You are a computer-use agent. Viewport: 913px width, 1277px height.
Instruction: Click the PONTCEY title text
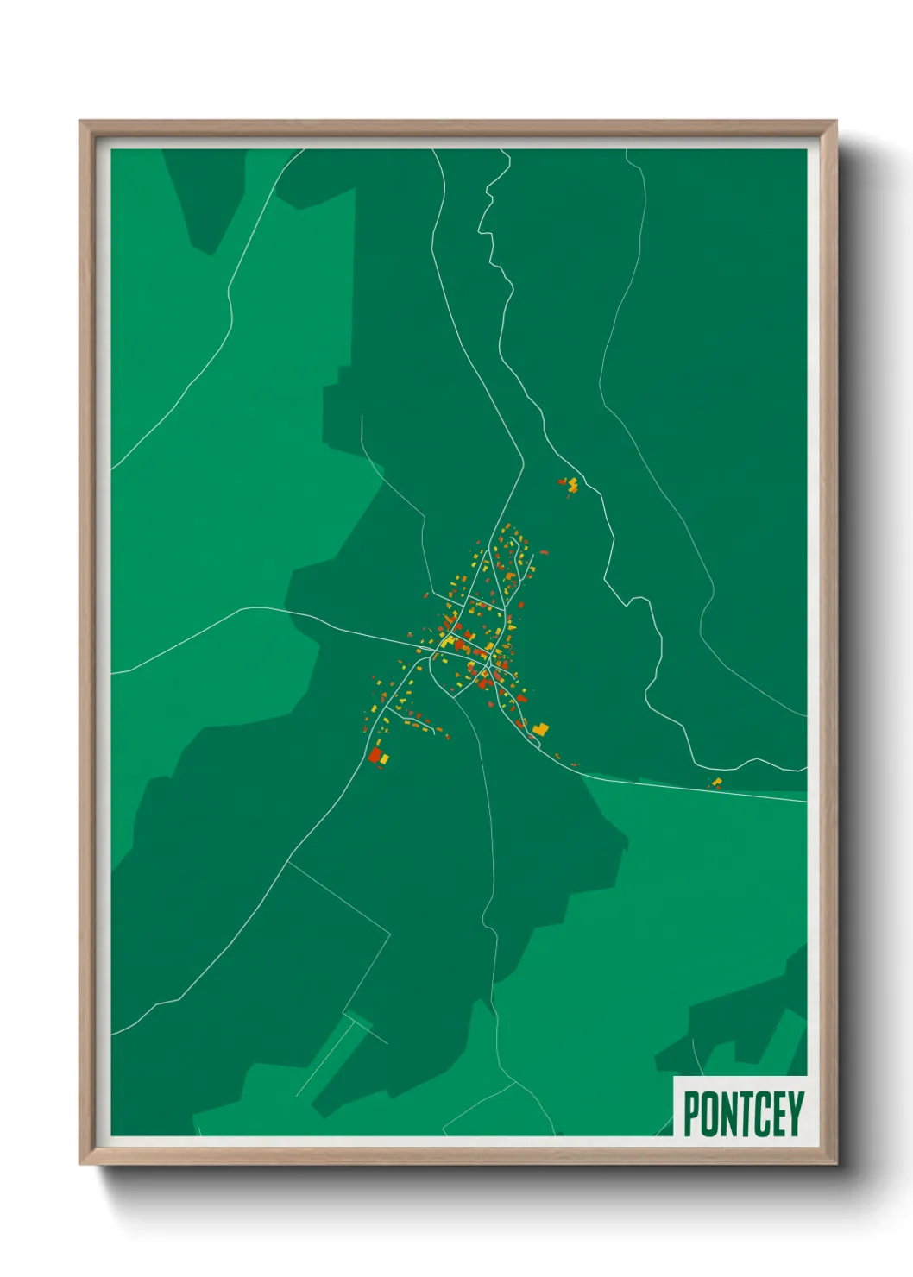tap(743, 1114)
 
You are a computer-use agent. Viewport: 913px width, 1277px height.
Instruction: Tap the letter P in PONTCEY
tap(691, 1114)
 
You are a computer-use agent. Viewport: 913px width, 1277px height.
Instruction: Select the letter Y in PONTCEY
tap(795, 1114)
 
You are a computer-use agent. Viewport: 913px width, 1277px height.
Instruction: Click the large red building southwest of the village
tap(375, 756)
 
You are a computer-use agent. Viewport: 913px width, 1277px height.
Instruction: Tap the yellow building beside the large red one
tap(384, 759)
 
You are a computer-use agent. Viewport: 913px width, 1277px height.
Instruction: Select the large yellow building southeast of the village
tap(540, 729)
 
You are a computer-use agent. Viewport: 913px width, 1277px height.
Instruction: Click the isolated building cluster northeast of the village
tap(569, 485)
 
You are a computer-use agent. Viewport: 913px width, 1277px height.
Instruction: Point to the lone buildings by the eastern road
tap(715, 783)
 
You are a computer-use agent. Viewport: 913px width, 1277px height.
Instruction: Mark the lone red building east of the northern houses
tap(543, 551)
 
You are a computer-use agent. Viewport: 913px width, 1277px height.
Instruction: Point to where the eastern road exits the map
tap(804, 801)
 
